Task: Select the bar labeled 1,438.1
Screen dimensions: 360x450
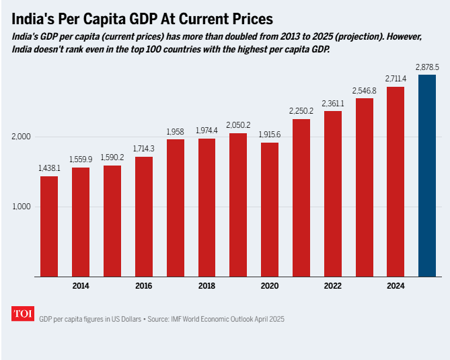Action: pyautogui.click(x=49, y=226)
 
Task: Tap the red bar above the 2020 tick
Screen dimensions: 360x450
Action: pyautogui.click(x=270, y=209)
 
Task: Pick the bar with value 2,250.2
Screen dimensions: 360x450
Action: pyautogui.click(x=301, y=198)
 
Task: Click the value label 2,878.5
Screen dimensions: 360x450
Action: pyautogui.click(x=427, y=67)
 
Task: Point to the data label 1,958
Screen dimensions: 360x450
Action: pyautogui.click(x=175, y=131)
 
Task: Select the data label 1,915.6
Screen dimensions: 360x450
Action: pyautogui.click(x=270, y=135)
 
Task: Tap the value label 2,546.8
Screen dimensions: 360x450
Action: pyautogui.click(x=365, y=90)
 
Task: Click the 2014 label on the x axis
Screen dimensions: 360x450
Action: pyautogui.click(x=81, y=286)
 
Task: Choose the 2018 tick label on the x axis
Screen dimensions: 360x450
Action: pyautogui.click(x=207, y=286)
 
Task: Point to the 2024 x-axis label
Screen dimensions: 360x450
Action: pyautogui.click(x=396, y=286)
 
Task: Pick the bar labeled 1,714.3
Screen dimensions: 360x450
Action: pyautogui.click(x=144, y=216)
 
